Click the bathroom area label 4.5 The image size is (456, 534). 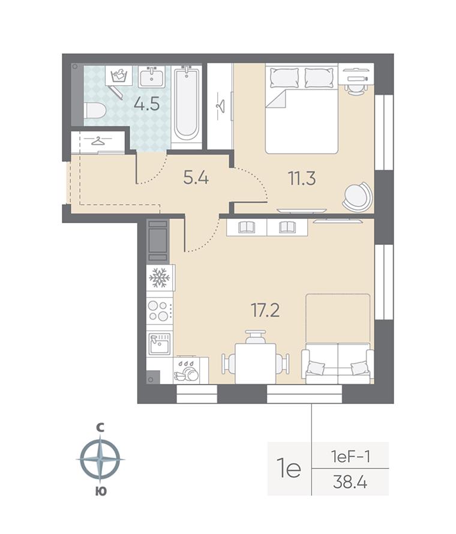click(146, 104)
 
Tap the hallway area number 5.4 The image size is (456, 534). click(196, 178)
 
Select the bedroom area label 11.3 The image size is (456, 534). click(302, 178)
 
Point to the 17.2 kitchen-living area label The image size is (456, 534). click(265, 310)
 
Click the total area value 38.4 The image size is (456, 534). click(350, 482)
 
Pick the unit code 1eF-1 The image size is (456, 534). click(350, 457)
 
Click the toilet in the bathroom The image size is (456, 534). click(95, 110)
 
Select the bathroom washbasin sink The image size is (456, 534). click(152, 77)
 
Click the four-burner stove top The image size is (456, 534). click(159, 311)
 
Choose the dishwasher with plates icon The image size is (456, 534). click(185, 370)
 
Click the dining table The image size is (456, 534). click(256, 364)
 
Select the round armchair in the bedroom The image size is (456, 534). click(357, 197)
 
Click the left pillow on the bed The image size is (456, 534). click(284, 78)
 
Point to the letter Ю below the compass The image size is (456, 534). click(100, 491)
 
